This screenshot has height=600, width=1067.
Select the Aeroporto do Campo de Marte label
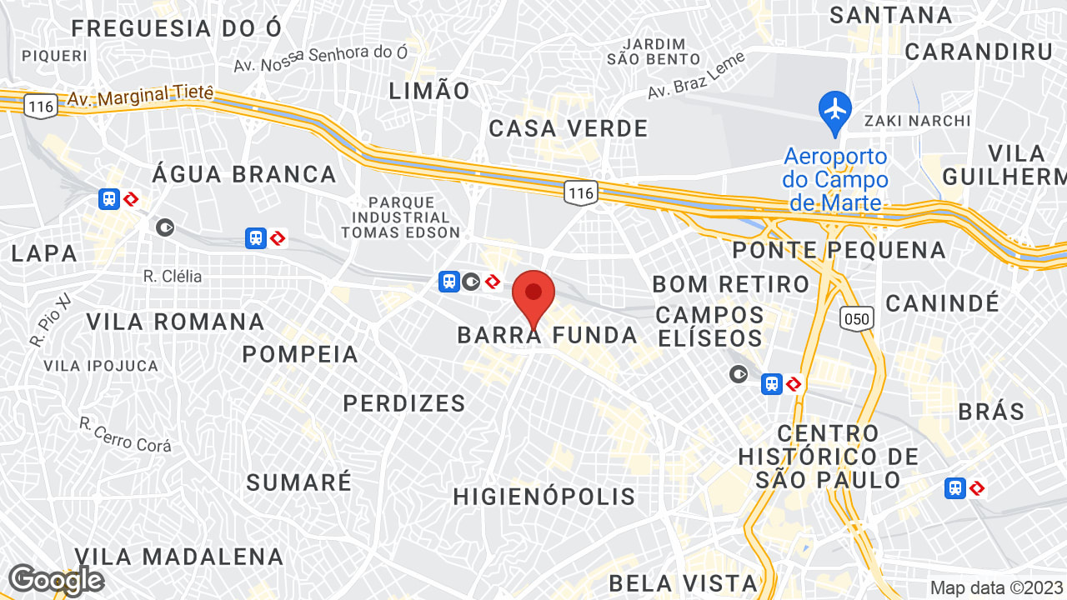[x=834, y=179]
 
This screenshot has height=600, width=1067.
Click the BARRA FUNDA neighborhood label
[x=547, y=336]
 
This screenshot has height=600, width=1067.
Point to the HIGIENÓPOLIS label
[x=544, y=497]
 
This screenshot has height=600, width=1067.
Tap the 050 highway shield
[x=857, y=317]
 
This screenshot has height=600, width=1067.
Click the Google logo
[x=56, y=580]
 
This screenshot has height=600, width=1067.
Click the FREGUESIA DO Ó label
[x=177, y=28]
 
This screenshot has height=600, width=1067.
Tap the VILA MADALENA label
[x=179, y=557]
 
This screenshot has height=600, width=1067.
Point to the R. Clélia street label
[x=173, y=276]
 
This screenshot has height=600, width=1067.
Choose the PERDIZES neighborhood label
[x=404, y=403]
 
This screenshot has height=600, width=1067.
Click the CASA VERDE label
[x=569, y=128]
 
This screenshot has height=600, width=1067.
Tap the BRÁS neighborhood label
[x=991, y=411]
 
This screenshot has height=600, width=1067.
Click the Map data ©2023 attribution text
[x=996, y=587]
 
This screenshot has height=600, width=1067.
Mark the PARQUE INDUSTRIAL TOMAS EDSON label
[x=401, y=217]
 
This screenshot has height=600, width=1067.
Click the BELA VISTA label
[x=683, y=582]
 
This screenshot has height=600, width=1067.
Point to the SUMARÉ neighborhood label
[x=299, y=482]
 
